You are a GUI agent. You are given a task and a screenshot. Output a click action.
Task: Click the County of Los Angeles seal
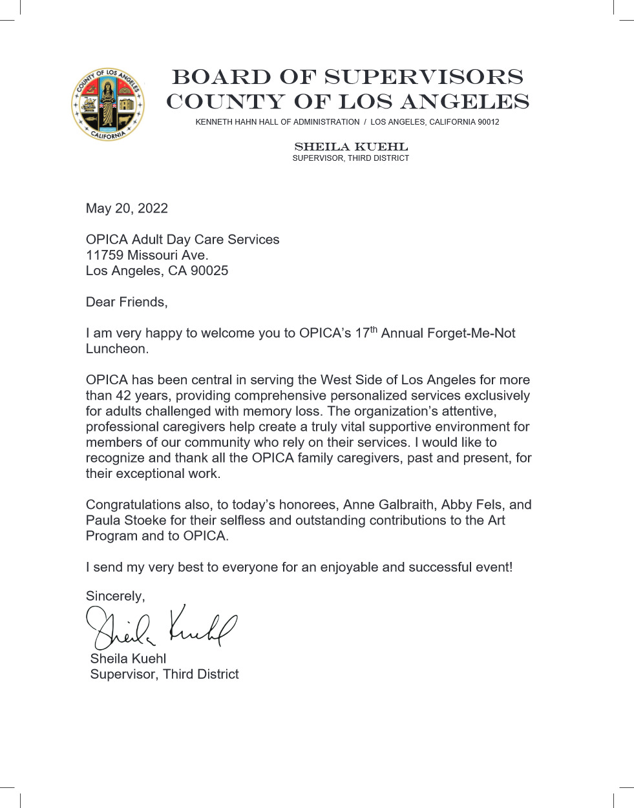[108, 105]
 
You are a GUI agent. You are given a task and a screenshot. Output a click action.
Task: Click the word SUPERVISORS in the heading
[423, 77]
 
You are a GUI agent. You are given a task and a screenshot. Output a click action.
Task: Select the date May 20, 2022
[127, 208]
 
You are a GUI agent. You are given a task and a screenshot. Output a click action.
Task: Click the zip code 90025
[209, 271]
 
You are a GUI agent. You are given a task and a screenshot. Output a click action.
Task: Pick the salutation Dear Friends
[126, 302]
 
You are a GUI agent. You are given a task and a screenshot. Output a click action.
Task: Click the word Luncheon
[116, 349]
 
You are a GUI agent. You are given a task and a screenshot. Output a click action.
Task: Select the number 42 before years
[123, 395]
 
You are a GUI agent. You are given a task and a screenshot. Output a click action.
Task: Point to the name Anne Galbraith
[388, 504]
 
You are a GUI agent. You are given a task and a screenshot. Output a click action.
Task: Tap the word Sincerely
[115, 596]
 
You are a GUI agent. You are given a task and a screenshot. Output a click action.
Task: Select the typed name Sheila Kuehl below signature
[128, 659]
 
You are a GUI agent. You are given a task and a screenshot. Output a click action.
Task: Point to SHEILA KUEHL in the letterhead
[351, 147]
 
